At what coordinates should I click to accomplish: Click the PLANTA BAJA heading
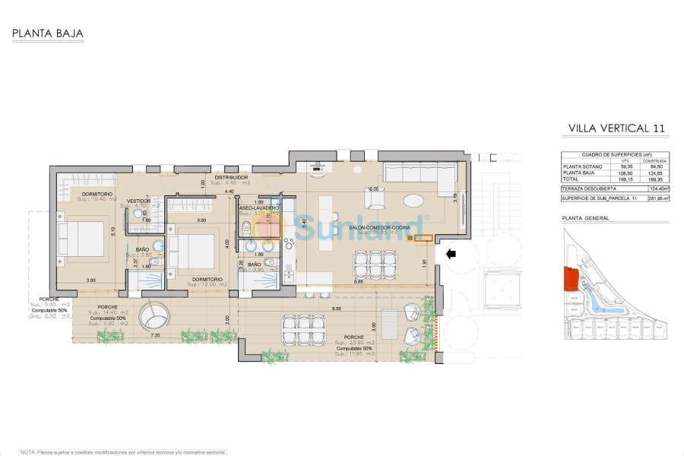pos(47,33)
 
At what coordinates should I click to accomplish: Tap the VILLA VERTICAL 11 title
pos(616,128)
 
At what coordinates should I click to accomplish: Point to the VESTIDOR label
pos(140,201)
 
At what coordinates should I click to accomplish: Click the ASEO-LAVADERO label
pos(258,207)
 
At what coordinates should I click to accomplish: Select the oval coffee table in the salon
pos(415,201)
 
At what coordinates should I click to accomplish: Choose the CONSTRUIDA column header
pos(654,160)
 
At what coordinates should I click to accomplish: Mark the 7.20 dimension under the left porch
pos(155,334)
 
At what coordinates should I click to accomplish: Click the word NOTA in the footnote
pos(29,451)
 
